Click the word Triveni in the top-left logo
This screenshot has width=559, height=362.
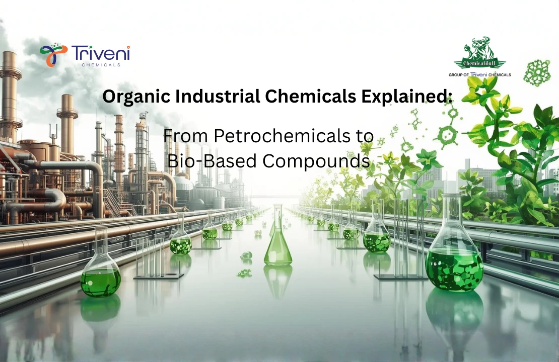pyautogui.click(x=100, y=53)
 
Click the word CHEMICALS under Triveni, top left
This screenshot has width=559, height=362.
pyautogui.click(x=100, y=64)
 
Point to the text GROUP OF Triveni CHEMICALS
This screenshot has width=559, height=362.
pyautogui.click(x=479, y=75)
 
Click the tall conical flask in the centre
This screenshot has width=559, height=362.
pyautogui.click(x=277, y=238)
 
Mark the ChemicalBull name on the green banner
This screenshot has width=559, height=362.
pyautogui.click(x=479, y=64)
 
